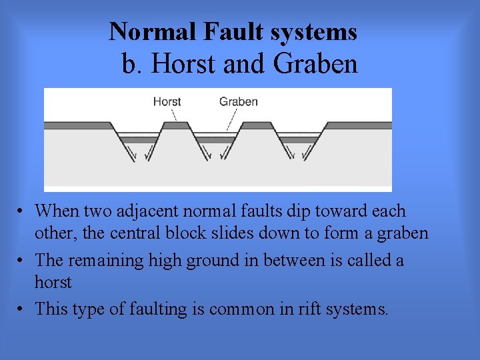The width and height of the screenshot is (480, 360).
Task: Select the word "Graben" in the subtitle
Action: pyautogui.click(x=315, y=64)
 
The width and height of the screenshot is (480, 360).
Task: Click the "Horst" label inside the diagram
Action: pyautogui.click(x=167, y=102)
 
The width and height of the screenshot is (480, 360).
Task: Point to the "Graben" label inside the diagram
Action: pyautogui.click(x=238, y=102)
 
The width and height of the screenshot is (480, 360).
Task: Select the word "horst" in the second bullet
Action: pyautogui.click(x=53, y=282)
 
